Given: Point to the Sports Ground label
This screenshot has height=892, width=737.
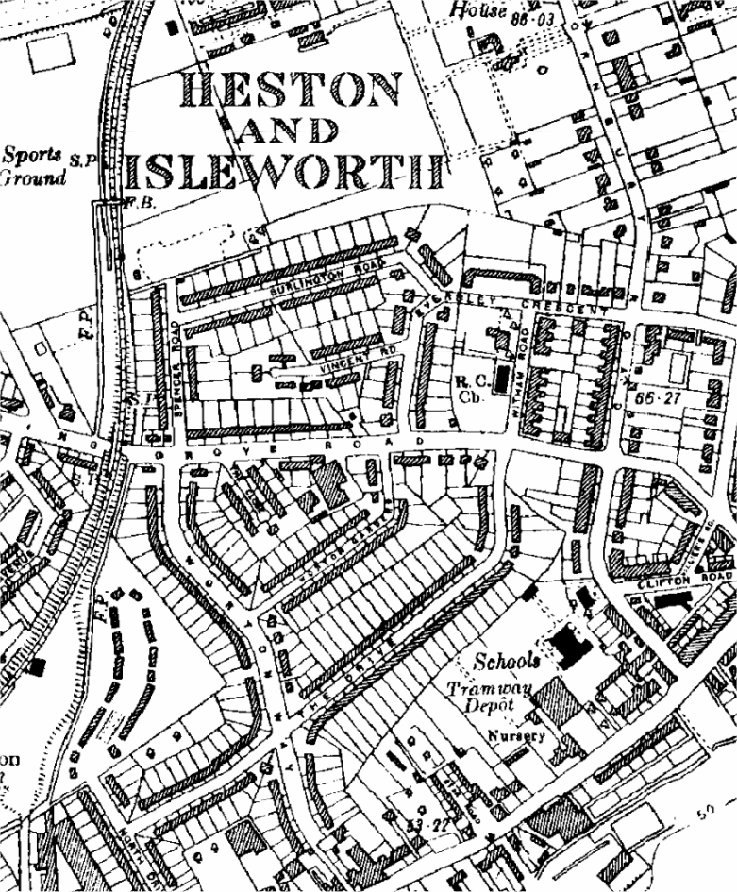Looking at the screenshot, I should tap(34, 165).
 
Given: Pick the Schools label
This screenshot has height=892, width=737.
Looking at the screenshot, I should tap(508, 659).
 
